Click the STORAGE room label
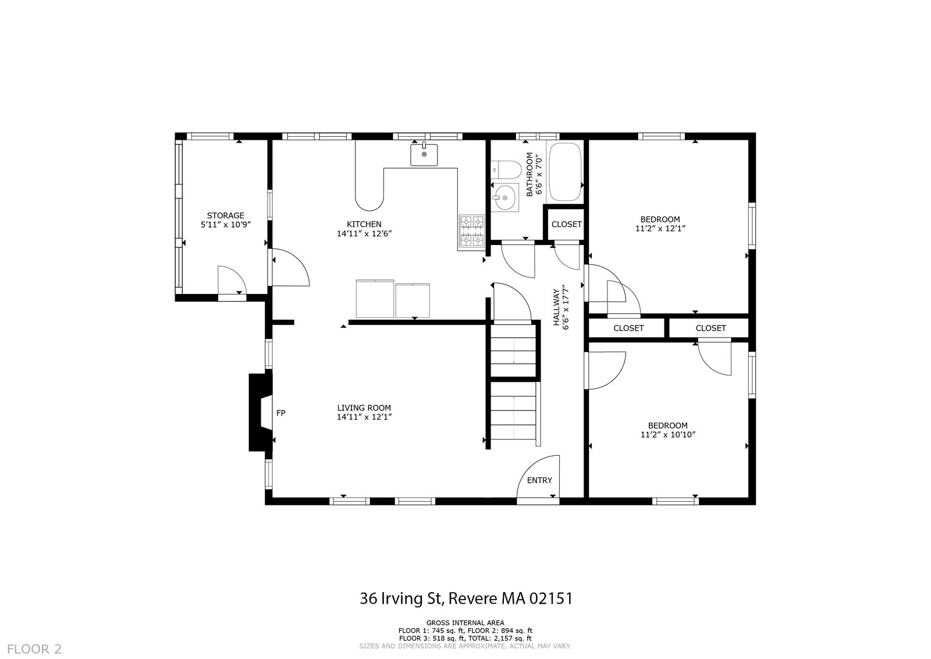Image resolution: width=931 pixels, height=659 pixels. pos(225,215)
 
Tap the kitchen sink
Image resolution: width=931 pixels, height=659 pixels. pos(424,154)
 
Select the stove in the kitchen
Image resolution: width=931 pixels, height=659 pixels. pos(472,232)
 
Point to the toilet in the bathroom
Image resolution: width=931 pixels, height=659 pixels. pos(506,169)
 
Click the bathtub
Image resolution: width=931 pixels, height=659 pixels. pos(565,172)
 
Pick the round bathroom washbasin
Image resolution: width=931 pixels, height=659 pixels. pos(504,197)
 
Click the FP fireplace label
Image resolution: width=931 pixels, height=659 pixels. pos(281,413)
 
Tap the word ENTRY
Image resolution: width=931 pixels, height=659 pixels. pos(539,480)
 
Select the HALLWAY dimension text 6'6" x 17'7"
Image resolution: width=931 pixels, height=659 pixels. pos(565,307)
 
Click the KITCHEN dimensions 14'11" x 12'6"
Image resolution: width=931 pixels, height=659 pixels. pos(364,233)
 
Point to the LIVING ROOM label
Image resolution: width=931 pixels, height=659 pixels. pos(364,408)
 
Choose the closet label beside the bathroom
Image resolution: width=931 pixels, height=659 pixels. pos(567,224)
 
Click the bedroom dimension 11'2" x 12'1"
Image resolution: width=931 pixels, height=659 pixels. pos(660,228)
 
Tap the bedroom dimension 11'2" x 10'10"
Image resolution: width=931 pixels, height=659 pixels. pos(669,434)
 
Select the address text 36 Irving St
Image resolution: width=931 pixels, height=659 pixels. pos(402,598)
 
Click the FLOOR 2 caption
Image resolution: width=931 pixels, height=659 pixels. pos(34,649)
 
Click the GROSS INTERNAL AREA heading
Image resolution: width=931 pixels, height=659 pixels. pos(465,623)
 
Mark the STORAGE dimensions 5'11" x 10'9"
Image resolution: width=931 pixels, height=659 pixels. pos(226,225)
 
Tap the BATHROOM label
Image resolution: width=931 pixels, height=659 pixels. pos(530,174)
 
